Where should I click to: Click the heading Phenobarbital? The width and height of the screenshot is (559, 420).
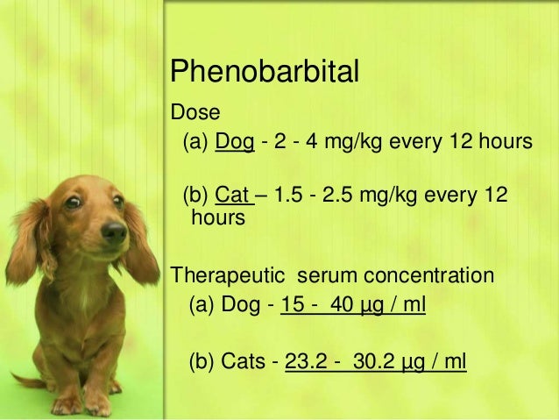(264, 72)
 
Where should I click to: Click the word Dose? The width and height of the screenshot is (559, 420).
(191, 112)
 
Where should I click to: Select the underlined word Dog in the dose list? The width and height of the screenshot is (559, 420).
(235, 141)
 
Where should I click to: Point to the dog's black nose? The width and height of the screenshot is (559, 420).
(113, 231)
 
